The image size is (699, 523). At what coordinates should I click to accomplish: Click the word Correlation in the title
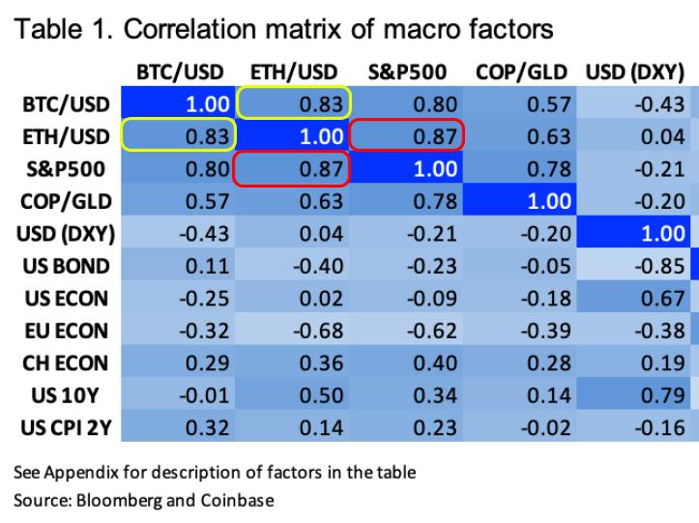pos(189,29)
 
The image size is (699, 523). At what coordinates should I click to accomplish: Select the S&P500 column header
pos(407,73)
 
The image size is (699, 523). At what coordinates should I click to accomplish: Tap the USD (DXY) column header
pos(635,73)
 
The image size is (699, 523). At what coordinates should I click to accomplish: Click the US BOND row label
pos(66,266)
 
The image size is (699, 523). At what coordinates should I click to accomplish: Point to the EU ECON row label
pos(66,331)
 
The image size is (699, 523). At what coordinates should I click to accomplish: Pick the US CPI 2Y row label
pos(66,428)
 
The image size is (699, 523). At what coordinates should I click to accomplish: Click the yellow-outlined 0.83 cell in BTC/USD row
pos(294,102)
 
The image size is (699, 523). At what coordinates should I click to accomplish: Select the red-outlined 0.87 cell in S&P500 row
pos(291,168)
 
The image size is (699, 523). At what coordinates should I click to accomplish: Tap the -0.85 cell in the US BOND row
pos(633,266)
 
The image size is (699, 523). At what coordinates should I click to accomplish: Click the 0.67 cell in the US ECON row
pos(633,299)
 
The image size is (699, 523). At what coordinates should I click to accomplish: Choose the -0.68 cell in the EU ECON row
pos(292,331)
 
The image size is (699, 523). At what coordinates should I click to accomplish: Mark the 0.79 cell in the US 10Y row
pos(633,395)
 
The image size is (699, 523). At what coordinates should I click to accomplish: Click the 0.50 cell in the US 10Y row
pos(292,395)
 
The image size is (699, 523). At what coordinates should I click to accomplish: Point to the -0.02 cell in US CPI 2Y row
pos(520,428)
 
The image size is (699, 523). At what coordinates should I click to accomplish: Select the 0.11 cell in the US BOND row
pos(178,266)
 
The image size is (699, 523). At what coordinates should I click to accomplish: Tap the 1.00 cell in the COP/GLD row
pos(520,201)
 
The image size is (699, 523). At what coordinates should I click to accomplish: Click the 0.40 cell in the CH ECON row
pos(406,363)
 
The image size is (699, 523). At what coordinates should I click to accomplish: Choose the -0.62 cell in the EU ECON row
pos(406,331)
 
